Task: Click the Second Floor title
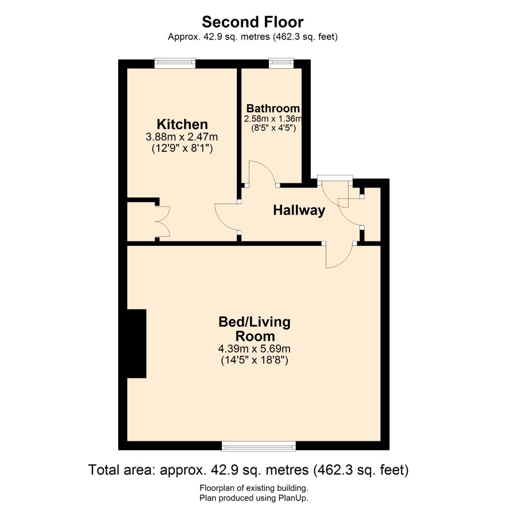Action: click(253, 22)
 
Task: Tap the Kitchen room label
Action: click(182, 124)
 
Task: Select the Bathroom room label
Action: click(273, 108)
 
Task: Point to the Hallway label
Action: click(299, 210)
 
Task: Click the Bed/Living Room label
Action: click(255, 329)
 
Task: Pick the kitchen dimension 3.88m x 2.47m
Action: click(182, 136)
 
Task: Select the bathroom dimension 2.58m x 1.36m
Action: click(273, 119)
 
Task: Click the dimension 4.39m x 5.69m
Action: click(255, 349)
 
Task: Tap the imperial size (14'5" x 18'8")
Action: click(255, 360)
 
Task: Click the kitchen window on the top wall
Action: click(175, 63)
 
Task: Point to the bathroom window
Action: click(281, 63)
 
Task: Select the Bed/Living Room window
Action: click(259, 446)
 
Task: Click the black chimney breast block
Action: click(136, 343)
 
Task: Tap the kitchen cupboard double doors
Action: click(163, 221)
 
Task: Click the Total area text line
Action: click(248, 470)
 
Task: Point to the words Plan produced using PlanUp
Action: click(253, 498)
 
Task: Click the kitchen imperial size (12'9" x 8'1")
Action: click(182, 149)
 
